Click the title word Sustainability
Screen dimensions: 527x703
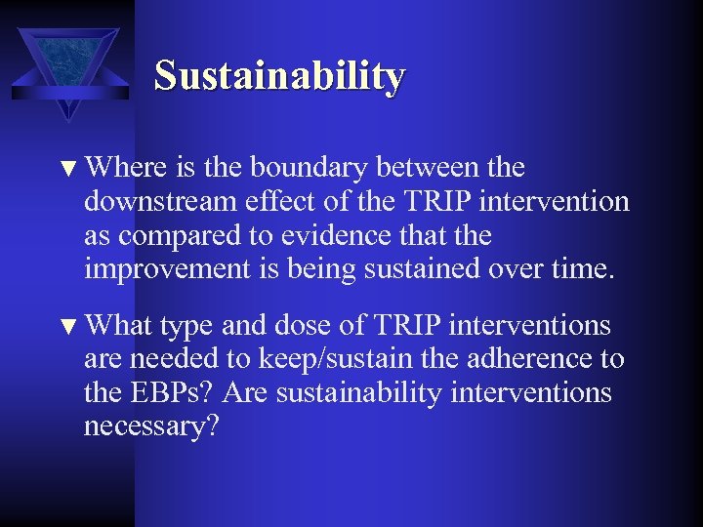[x=279, y=76]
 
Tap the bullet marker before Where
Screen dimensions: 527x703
[x=69, y=169]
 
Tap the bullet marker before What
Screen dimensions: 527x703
[x=69, y=325]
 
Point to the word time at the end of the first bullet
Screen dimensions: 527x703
[x=585, y=269]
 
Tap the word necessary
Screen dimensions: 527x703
[x=151, y=427]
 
